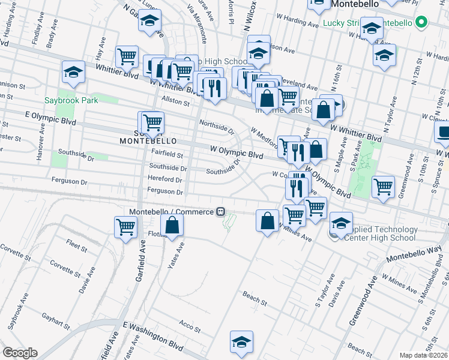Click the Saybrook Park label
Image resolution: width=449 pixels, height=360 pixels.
tap(71, 101)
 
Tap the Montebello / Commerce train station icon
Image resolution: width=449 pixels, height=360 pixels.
tap(221, 212)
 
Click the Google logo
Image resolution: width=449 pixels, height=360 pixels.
tap(20, 352)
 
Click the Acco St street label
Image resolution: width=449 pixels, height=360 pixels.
tap(189, 325)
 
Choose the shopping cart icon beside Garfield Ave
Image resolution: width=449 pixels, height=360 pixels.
tap(126, 227)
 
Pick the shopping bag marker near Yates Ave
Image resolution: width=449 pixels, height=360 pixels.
tap(172, 226)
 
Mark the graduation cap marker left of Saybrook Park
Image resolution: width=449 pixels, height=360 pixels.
tap(73, 73)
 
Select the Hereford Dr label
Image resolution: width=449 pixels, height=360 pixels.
tap(166, 179)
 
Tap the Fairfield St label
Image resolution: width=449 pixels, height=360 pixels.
tap(167, 154)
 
